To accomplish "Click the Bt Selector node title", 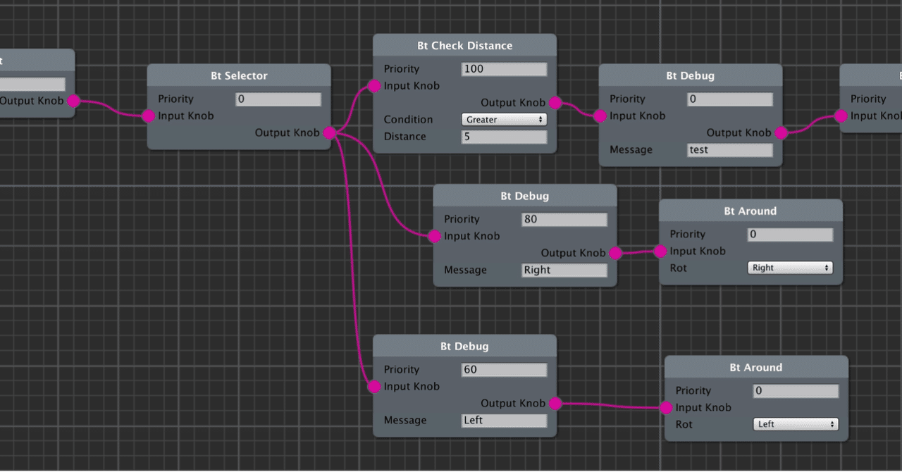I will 239,75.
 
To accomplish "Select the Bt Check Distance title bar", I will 464,46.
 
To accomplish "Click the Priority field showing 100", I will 504,69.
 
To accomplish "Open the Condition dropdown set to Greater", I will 504,120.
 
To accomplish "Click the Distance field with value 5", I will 504,137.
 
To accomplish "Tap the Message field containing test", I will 729,150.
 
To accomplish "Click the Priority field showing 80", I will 564,219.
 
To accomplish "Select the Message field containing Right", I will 564,270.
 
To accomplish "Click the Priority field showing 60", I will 504,370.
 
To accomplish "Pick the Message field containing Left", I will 504,421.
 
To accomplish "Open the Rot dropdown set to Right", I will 789,268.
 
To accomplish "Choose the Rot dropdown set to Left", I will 796,424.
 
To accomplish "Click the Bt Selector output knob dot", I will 329,132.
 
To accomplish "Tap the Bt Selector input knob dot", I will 148,116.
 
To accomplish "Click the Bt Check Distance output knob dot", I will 555,103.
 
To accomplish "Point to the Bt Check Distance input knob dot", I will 374,86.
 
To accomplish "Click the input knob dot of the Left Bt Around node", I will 666,407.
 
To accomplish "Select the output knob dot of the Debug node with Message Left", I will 555,404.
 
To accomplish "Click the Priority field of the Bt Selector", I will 278,99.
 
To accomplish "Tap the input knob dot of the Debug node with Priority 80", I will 435,236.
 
